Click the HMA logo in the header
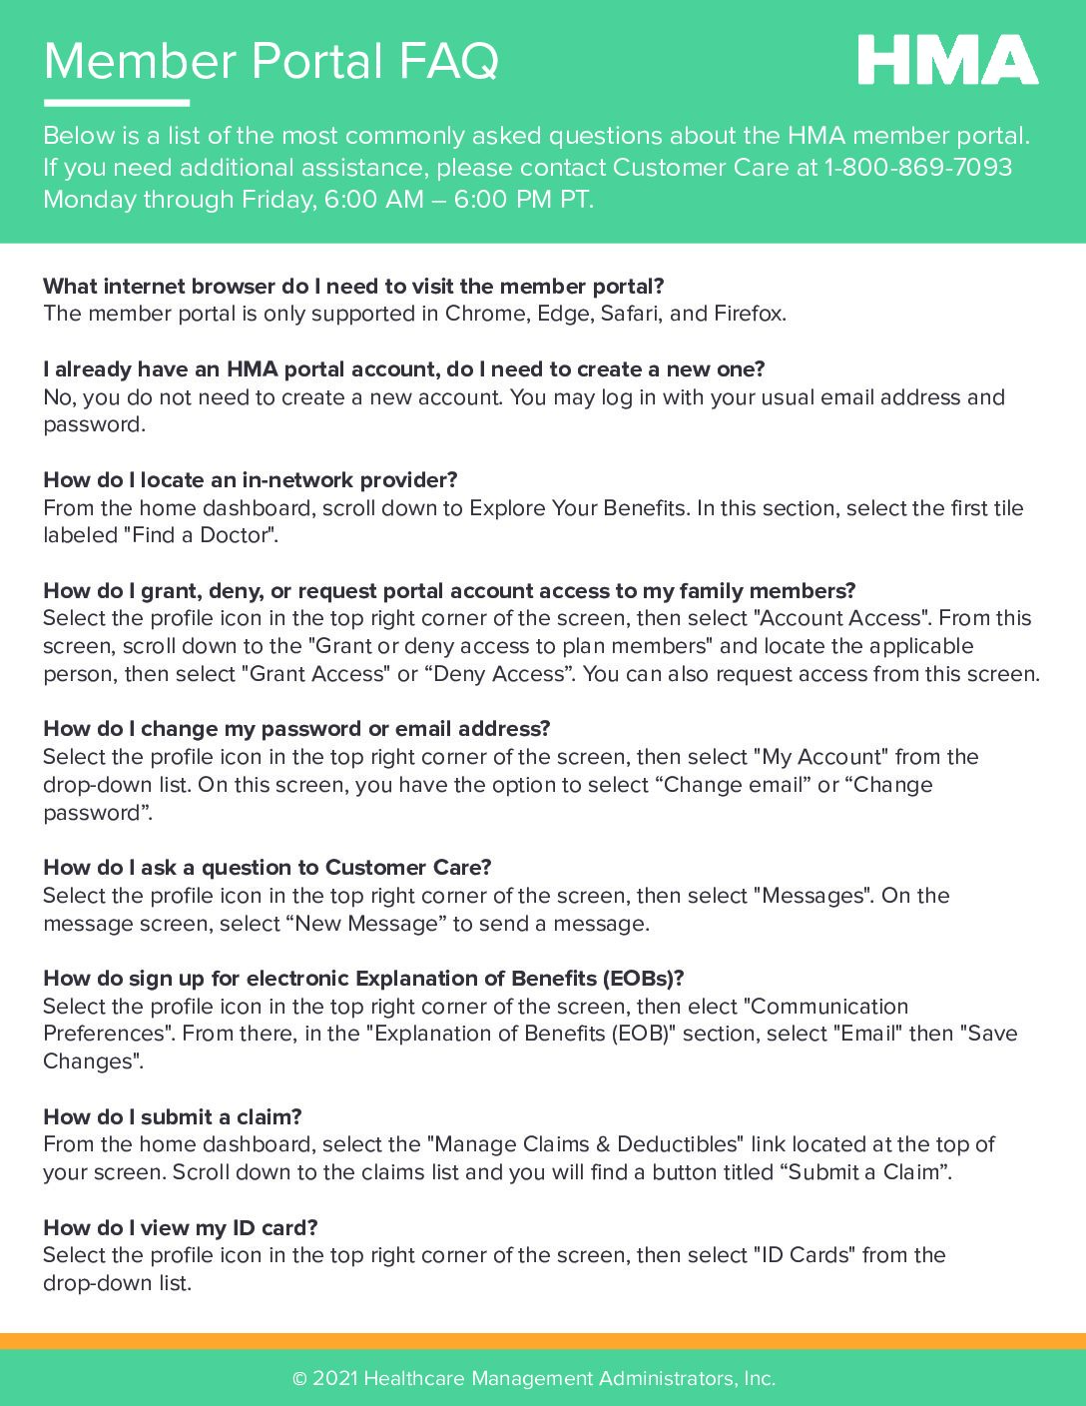click(x=947, y=60)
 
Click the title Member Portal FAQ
click(x=271, y=61)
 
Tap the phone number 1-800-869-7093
click(x=917, y=167)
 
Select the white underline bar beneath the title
click(x=116, y=102)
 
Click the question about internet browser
click(x=353, y=287)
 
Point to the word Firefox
click(x=749, y=314)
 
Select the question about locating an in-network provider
click(x=251, y=480)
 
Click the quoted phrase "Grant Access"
click(x=314, y=674)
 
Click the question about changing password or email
click(x=296, y=729)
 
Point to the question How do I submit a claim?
click(x=173, y=1117)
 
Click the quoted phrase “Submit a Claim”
click(x=862, y=1172)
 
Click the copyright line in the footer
click(x=534, y=1379)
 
